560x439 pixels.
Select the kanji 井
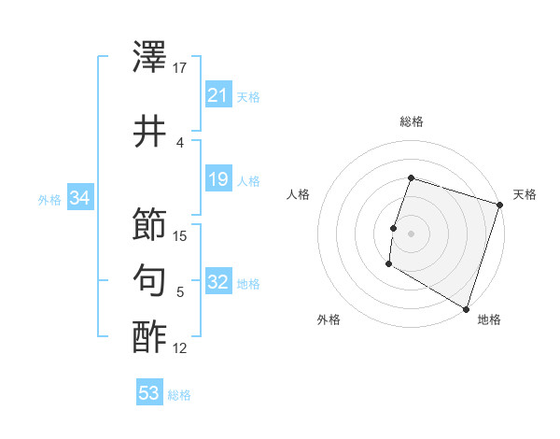point(150,132)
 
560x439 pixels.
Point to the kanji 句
point(150,280)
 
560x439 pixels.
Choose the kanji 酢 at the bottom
point(150,335)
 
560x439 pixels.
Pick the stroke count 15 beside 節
point(181,236)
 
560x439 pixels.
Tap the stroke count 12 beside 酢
point(181,348)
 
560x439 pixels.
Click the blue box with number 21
point(217,95)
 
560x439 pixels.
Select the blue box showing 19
point(217,179)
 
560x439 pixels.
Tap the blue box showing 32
point(217,283)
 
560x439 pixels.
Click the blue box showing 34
point(79,198)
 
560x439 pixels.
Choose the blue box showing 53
point(148,393)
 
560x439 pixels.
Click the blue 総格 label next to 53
point(179,395)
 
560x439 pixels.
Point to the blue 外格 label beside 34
point(49,199)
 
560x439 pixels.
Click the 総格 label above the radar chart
point(411,121)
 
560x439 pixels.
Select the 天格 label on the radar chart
point(525,194)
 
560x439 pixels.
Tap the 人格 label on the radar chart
point(298,194)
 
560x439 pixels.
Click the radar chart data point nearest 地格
point(466,308)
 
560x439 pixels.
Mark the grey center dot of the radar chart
point(411,233)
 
